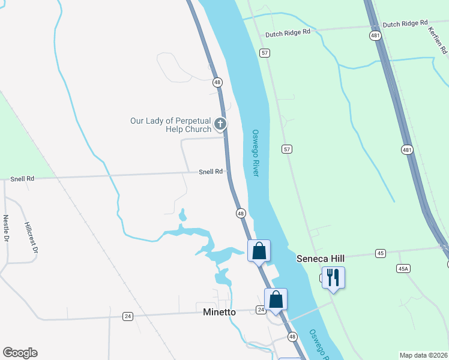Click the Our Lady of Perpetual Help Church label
[x=171, y=125]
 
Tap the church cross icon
[x=220, y=124]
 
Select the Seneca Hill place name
[x=319, y=258]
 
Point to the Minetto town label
[x=219, y=312]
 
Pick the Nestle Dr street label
[x=7, y=228]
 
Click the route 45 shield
[x=380, y=254]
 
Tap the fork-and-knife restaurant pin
[x=333, y=278]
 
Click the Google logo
[x=20, y=353]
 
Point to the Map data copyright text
[x=423, y=355]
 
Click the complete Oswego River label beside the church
[x=255, y=153]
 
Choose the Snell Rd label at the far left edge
[x=22, y=179]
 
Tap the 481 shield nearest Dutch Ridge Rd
[x=375, y=36]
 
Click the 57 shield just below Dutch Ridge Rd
[x=265, y=53]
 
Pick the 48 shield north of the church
[x=217, y=82]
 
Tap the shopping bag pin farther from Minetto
[x=259, y=250]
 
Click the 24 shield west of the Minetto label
[x=127, y=316]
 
